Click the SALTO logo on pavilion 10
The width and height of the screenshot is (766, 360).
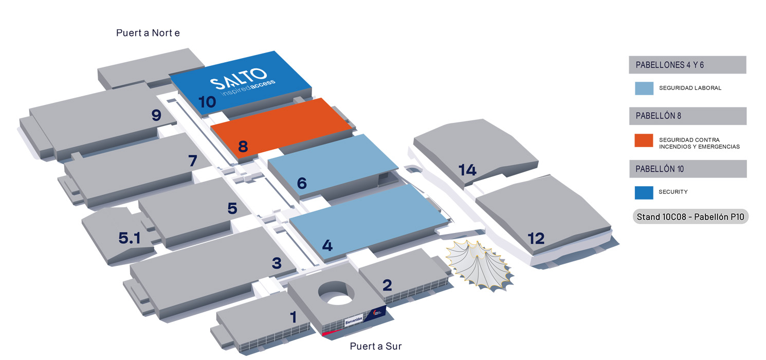[242, 82]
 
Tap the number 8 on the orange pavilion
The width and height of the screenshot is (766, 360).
[243, 147]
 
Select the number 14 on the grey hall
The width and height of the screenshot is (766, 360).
[467, 170]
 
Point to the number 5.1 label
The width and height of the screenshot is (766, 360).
[129, 238]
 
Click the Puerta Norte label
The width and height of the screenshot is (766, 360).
[148, 33]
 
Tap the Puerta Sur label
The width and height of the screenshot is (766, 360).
[375, 346]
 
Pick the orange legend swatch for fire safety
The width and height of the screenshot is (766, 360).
[644, 140]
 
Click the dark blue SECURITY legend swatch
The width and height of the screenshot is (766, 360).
[644, 193]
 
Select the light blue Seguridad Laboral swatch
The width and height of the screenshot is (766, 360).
[644, 88]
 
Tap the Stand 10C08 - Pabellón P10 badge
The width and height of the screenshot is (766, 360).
[690, 217]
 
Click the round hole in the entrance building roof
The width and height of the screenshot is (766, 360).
[336, 293]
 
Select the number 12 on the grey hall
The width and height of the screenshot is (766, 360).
[536, 239]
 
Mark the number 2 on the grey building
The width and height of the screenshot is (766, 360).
[387, 285]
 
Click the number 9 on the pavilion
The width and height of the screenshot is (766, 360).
[156, 115]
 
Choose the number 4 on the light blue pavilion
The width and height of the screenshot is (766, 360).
[327, 245]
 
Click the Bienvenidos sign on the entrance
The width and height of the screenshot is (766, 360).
[354, 320]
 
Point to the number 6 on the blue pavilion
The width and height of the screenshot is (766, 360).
[302, 183]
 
